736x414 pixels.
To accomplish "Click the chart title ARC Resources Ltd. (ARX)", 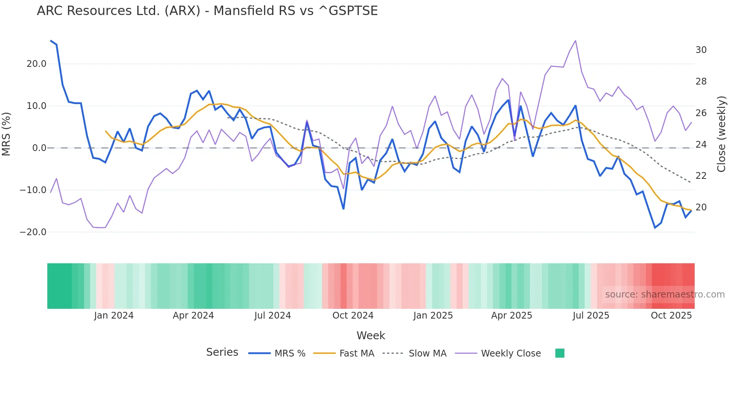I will [207, 11].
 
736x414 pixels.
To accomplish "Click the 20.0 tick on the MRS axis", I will [36, 64].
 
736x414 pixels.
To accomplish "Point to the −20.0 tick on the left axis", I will [33, 232].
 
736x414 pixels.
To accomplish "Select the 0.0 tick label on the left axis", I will [39, 148].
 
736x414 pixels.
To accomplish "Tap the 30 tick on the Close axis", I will [701, 50].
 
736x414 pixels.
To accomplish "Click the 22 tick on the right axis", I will [701, 176].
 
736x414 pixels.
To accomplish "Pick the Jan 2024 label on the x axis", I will [114, 316].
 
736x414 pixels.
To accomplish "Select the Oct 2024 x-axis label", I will [353, 316].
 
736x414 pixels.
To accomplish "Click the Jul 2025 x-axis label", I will [591, 316].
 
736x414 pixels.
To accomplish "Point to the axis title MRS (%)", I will [6, 134].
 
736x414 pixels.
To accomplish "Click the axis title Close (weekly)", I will [721, 134].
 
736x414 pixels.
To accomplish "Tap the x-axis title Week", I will [371, 335].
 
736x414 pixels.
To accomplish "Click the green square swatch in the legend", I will [560, 353].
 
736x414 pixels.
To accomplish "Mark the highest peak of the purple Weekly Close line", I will [575, 41].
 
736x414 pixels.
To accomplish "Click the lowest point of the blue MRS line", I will [655, 228].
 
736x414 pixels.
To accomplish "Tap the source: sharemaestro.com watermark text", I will [665, 295].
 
